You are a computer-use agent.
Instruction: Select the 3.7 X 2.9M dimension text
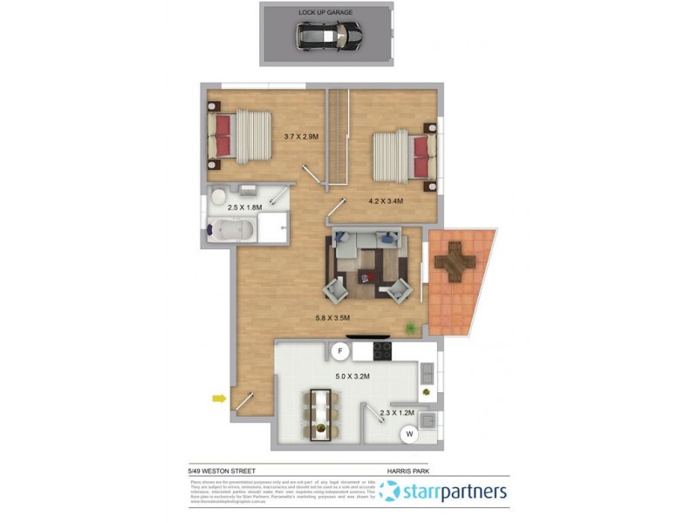(301, 137)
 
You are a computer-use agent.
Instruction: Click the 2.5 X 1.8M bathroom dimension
(245, 208)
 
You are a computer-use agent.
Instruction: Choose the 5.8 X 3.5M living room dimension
(334, 318)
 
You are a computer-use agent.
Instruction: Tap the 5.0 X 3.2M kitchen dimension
(354, 377)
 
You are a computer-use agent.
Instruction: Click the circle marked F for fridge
(341, 351)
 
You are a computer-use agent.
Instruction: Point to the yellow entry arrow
(218, 399)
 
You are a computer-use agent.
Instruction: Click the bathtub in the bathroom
(234, 231)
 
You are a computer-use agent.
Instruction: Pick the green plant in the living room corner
(408, 327)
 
